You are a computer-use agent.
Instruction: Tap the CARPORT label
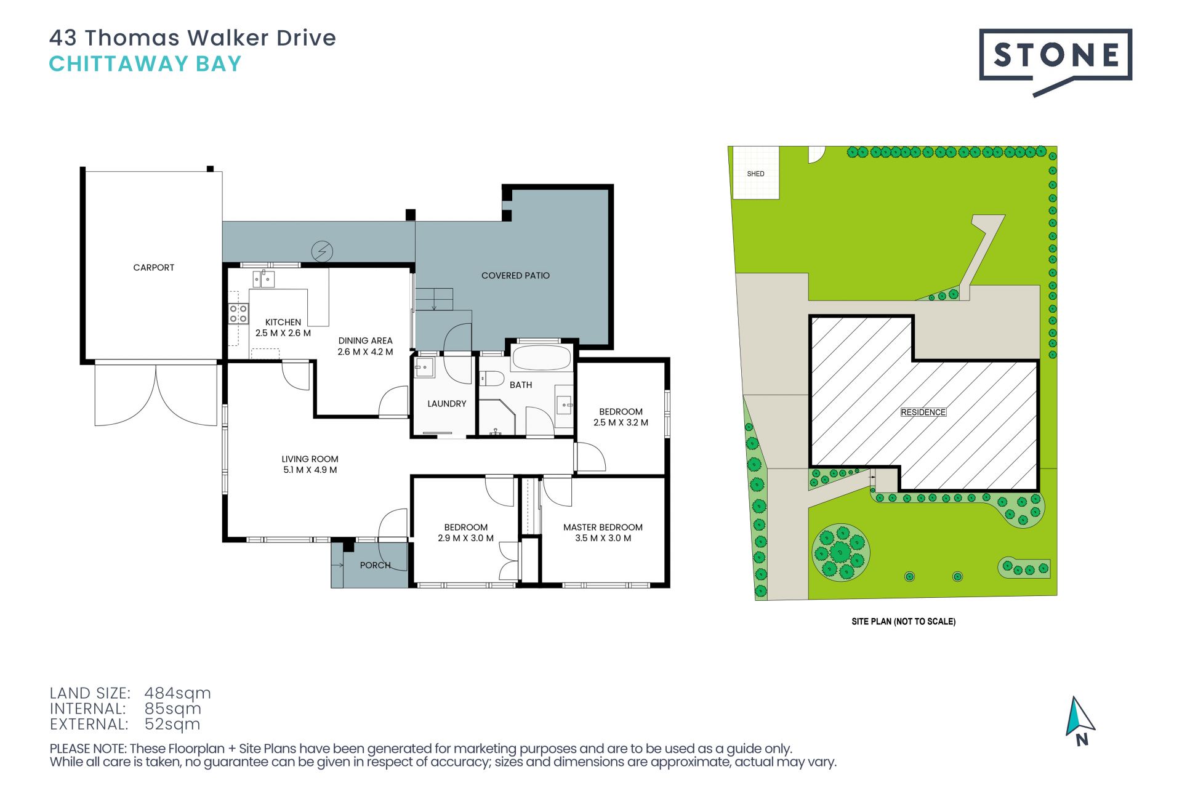pos(154,267)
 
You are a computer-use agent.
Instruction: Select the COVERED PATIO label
pos(515,276)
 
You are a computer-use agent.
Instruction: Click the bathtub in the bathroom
pos(541,358)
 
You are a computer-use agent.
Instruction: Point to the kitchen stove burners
pos(238,314)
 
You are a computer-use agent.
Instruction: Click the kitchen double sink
pos(263,279)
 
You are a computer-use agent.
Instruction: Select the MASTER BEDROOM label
pos(603,528)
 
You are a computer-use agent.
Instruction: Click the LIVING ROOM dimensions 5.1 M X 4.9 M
pos(310,470)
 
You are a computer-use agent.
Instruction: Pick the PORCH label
pos(375,565)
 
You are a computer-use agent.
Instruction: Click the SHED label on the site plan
pos(755,174)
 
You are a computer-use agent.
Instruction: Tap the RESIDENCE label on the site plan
pos(923,412)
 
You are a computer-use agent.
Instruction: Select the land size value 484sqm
pos(177,693)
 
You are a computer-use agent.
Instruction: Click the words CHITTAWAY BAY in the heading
pos(145,64)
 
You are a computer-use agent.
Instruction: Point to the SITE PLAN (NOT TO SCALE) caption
pos(903,622)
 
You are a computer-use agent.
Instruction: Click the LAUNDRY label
pos(447,404)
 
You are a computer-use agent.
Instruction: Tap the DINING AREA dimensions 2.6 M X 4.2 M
pos(365,352)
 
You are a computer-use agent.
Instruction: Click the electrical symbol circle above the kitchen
pos(322,251)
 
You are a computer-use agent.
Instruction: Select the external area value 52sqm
pos(172,725)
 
